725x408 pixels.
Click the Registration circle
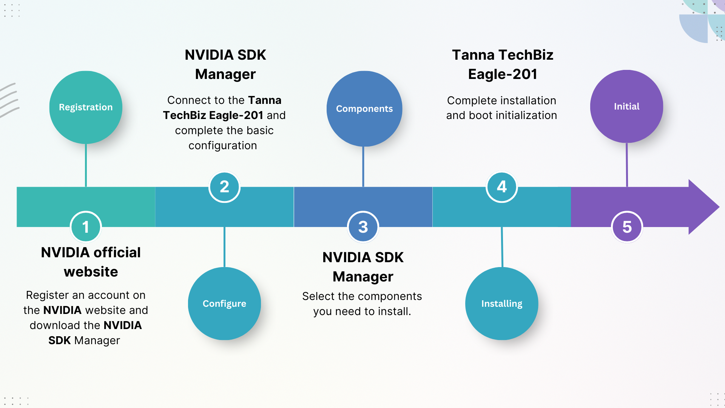(86, 107)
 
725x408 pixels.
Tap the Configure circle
(224, 303)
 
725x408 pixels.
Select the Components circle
(364, 109)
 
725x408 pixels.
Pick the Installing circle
(501, 303)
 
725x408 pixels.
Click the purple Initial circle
(626, 107)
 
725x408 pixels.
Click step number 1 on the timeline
(86, 227)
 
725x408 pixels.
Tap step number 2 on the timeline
(224, 187)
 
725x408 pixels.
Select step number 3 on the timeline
(363, 227)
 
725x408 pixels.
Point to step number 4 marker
(501, 187)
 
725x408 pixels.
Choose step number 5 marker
(627, 227)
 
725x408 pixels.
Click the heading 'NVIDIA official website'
(91, 262)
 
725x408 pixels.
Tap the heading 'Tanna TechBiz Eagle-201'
(503, 65)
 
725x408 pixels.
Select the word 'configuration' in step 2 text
(223, 145)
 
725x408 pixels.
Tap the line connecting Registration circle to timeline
(86, 165)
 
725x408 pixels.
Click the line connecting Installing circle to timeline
(502, 247)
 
